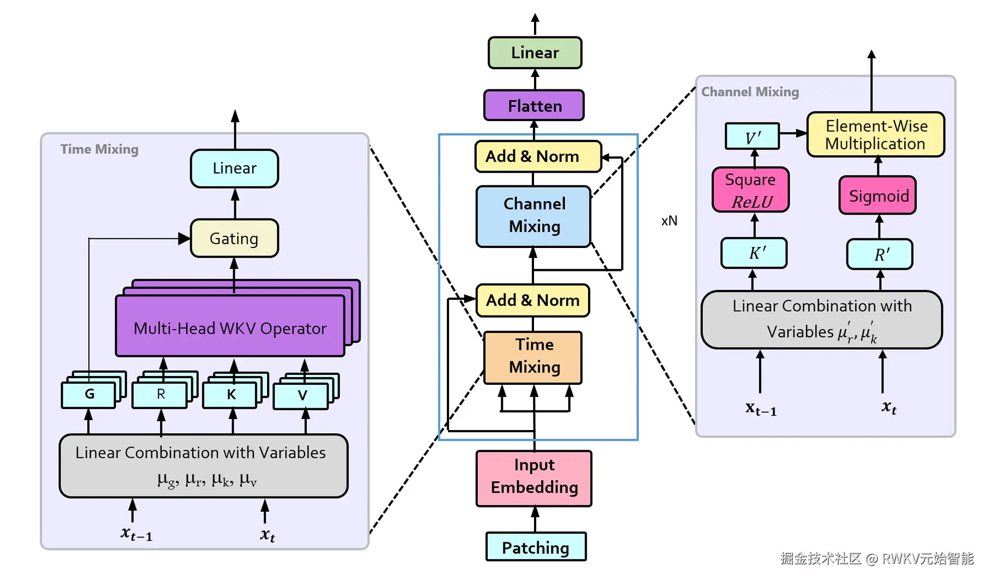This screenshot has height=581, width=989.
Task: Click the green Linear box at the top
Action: click(535, 53)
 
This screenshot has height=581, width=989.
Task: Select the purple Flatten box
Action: click(534, 106)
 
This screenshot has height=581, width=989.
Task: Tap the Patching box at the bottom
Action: click(536, 547)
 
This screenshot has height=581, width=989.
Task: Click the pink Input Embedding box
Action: click(533, 478)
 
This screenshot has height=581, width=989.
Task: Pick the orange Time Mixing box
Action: click(533, 357)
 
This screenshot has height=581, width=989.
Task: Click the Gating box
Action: click(234, 238)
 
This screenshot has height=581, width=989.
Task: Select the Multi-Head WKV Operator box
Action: click(230, 328)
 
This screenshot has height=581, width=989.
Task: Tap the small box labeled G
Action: click(89, 395)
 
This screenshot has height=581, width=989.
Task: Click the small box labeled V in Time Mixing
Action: click(301, 396)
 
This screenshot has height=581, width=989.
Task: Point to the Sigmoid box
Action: click(877, 195)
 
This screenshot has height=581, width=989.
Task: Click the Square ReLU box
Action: click(750, 190)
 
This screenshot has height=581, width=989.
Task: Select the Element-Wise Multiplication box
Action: click(875, 135)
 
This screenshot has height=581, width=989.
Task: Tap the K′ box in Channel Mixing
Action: click(754, 253)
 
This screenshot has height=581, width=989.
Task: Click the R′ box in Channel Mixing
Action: click(879, 254)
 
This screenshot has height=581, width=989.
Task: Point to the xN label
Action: click(669, 221)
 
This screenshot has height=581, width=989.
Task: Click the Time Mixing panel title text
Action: click(99, 149)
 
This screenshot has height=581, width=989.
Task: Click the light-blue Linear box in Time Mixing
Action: click(234, 168)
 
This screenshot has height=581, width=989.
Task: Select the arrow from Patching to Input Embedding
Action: click(535, 519)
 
